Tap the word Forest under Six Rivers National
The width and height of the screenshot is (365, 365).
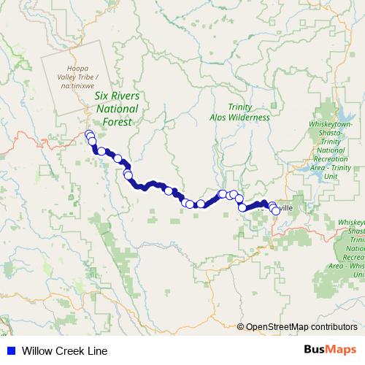118,122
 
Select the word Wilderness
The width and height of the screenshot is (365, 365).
251,118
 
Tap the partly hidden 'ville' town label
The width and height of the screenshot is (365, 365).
285,208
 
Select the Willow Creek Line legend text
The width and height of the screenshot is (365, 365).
64,351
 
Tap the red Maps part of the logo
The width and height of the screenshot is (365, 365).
341,351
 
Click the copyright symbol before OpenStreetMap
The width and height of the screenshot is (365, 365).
241,327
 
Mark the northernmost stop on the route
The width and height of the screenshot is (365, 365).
89,134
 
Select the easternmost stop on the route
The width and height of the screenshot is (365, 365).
275,210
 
